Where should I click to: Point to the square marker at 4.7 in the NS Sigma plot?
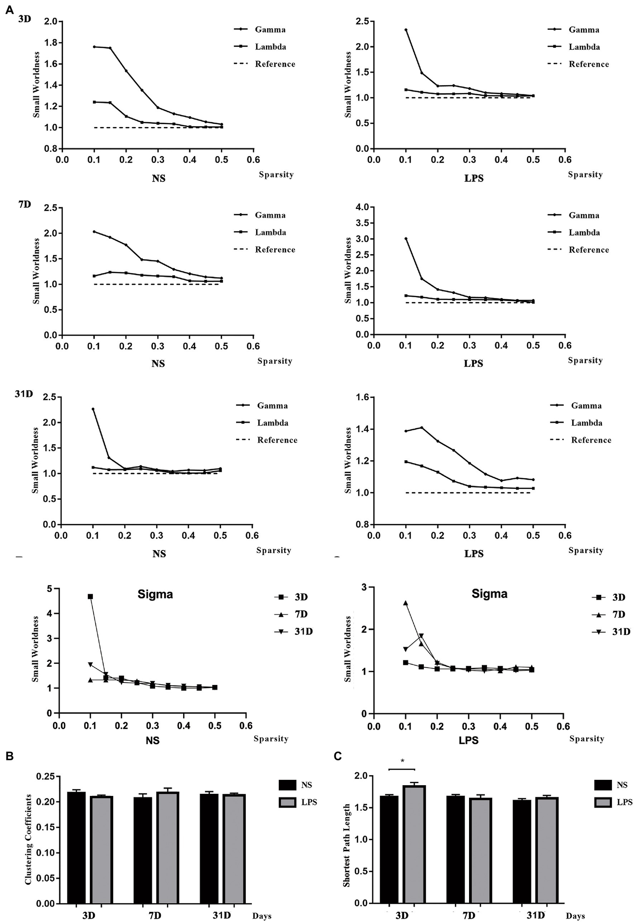point(90,596)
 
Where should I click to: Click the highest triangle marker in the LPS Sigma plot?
point(406,603)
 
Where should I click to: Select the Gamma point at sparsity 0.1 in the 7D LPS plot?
point(406,238)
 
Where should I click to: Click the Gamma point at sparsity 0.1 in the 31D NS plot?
point(93,409)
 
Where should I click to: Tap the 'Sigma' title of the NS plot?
point(155,594)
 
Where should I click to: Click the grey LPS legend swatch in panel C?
point(603,802)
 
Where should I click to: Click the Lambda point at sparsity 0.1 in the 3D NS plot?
point(94,102)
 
